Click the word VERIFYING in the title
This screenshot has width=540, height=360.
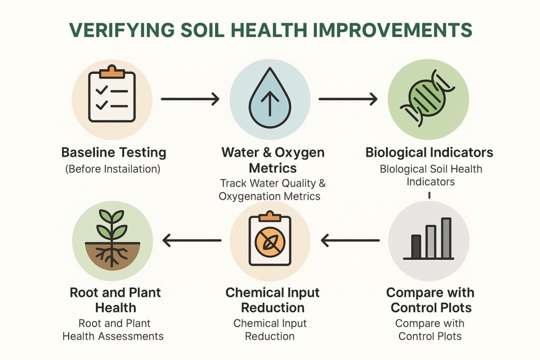122,30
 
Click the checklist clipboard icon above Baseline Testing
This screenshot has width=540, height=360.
112,93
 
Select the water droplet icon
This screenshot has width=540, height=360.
270,98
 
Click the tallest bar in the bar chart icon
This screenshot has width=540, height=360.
446,238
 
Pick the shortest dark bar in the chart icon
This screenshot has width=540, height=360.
416,247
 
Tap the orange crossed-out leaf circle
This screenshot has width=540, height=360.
270,241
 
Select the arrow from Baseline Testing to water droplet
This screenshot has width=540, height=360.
190,99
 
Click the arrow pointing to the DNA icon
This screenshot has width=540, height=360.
348,99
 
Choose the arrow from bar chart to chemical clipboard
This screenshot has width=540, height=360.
350,240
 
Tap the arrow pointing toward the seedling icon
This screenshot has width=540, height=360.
192,240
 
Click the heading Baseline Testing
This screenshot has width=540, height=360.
114,152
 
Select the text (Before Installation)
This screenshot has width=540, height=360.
113,169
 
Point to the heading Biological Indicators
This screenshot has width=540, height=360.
429,152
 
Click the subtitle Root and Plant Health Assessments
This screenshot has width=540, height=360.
113,330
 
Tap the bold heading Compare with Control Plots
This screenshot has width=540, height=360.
430,300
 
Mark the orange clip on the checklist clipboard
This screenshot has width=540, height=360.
112,71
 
